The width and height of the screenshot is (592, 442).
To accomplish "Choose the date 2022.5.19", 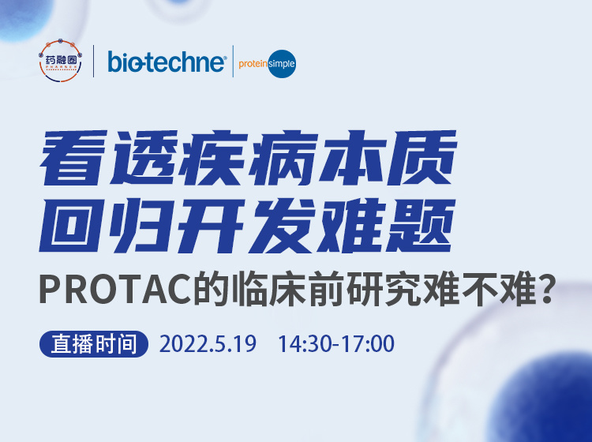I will (x=208, y=345).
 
